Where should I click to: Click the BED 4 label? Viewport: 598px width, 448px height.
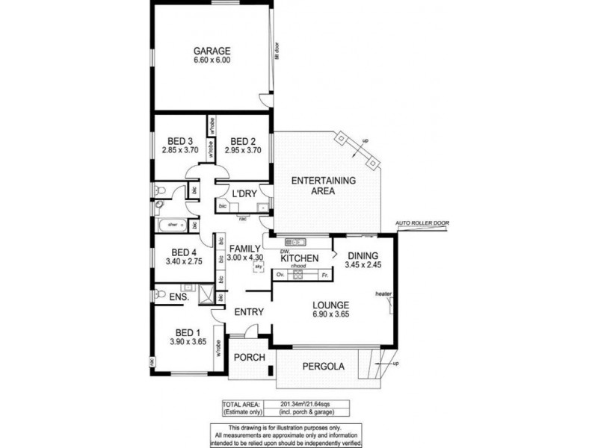pos(184,252)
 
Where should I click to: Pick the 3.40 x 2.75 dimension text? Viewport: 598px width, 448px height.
pos(184,261)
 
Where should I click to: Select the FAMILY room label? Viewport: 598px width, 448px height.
pos(244,249)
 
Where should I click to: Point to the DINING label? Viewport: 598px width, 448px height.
pos(362,255)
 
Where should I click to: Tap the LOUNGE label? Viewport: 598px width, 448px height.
pos(333,305)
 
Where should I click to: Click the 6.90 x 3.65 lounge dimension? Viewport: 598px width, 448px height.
pos(333,314)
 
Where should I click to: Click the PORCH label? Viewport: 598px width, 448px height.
pos(250,357)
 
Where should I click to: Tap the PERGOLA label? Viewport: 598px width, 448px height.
pos(323,367)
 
